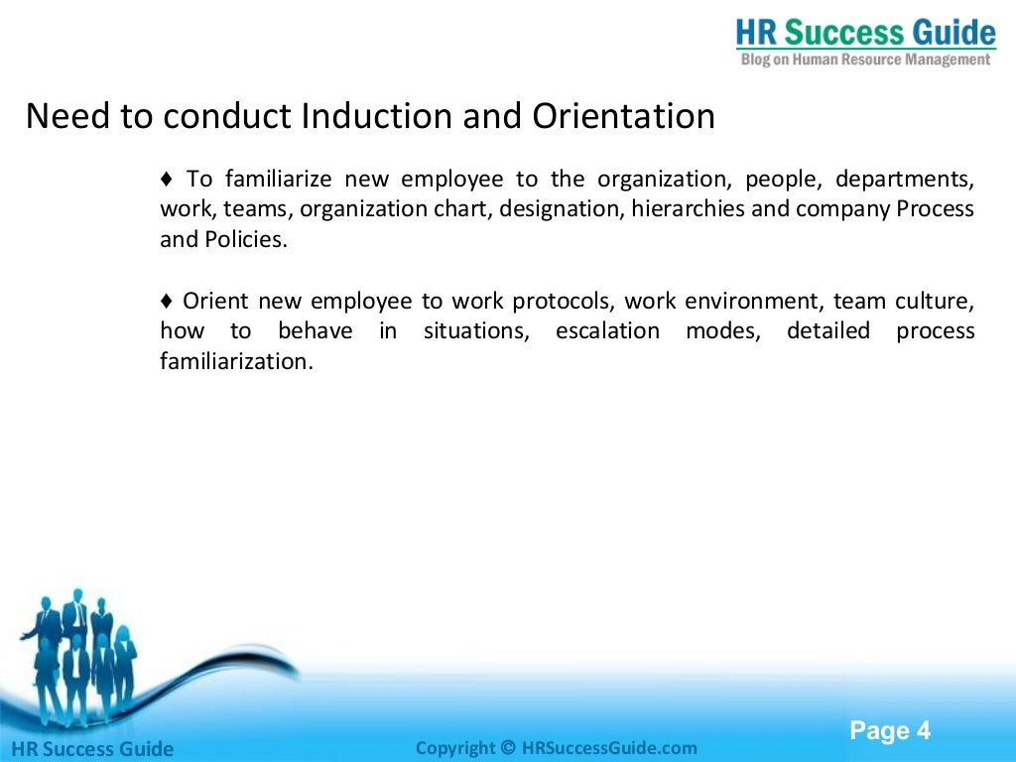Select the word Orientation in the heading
623,116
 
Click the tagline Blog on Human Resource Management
865,60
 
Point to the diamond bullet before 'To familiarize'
167,180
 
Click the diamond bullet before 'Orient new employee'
167,301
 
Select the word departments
904,180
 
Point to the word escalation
607,330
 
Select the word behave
315,330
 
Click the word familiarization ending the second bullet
235,361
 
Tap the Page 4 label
890,731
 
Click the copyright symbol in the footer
508,748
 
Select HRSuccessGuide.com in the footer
609,748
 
